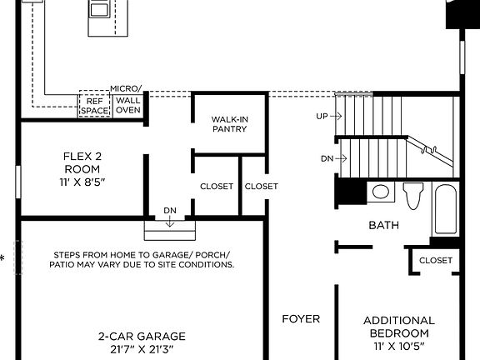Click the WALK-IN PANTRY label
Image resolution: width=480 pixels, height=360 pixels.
click(x=230, y=123)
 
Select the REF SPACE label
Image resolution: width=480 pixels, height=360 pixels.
click(x=94, y=105)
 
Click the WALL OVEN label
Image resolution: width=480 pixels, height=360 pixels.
click(x=127, y=105)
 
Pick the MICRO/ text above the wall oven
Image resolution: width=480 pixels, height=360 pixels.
click(x=126, y=88)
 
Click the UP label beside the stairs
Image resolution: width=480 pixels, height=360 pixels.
click(x=323, y=117)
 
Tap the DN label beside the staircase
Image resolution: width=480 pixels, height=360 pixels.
click(x=327, y=158)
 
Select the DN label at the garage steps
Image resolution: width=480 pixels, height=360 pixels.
click(x=169, y=212)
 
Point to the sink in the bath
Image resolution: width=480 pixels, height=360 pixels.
click(x=381, y=192)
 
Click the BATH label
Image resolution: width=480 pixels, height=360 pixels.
click(x=383, y=225)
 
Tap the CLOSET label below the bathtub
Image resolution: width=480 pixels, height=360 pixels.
click(x=436, y=260)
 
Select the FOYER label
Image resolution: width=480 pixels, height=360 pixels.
click(x=301, y=318)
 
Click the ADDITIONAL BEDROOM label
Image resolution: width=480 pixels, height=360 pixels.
click(x=398, y=327)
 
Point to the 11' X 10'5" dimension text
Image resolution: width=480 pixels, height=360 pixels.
click(x=398, y=345)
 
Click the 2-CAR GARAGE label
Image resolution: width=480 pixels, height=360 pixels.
click(x=142, y=337)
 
